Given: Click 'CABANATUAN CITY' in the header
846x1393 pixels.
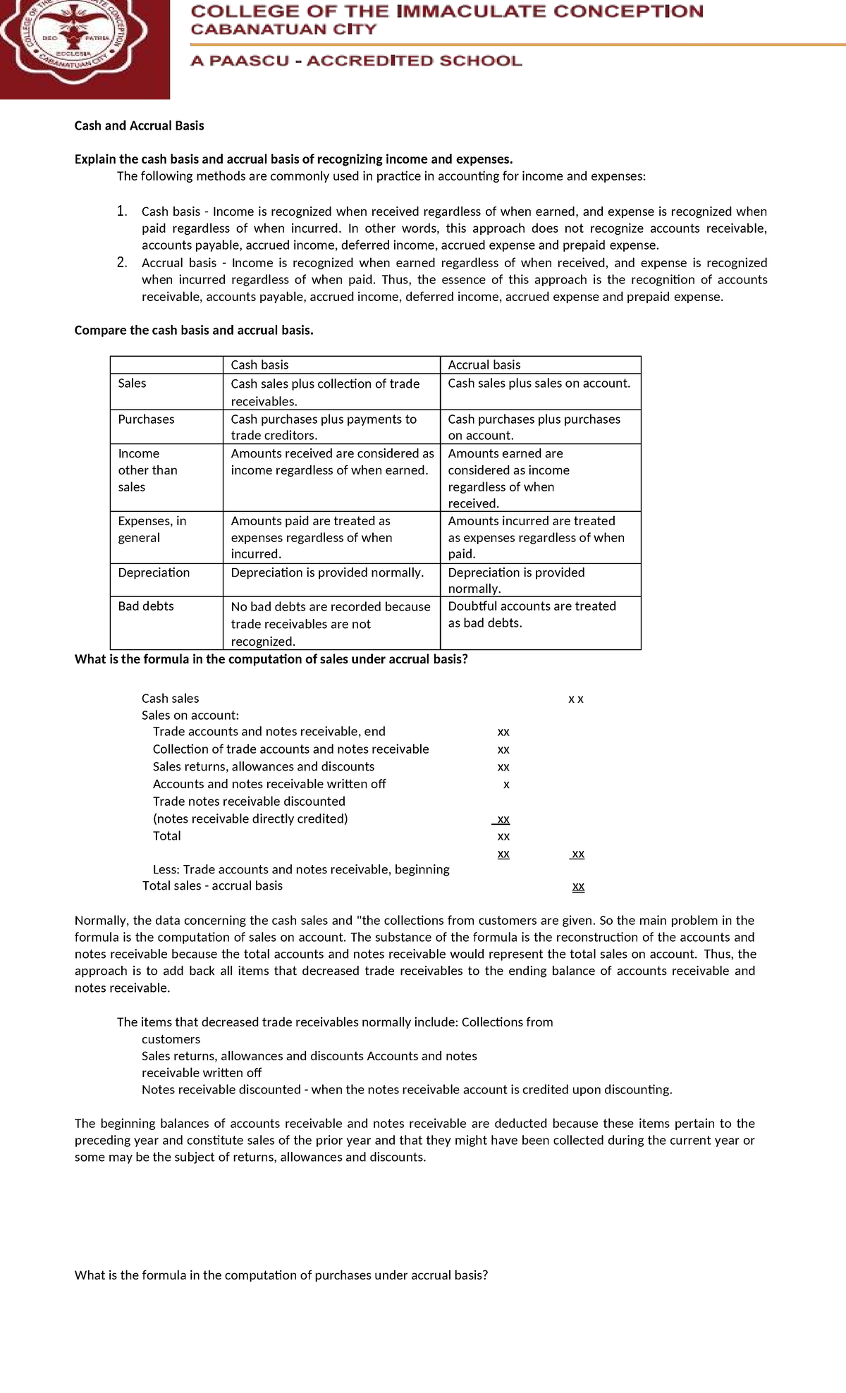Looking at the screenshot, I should [x=283, y=30].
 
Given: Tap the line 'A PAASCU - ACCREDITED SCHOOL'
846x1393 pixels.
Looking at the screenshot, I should [x=356, y=61].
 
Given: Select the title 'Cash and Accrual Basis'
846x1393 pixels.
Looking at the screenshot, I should [x=139, y=125].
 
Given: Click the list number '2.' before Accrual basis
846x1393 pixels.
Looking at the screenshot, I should [x=122, y=263].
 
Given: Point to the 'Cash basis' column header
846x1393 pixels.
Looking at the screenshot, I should [x=259, y=364].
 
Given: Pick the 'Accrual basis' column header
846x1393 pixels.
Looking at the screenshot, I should [x=484, y=364].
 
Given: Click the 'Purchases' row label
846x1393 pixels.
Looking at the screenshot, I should [x=146, y=419].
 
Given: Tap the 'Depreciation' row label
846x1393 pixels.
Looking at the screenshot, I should [x=154, y=572].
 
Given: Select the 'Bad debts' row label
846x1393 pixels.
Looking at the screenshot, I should [x=145, y=606].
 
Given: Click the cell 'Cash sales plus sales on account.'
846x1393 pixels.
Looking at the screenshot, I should [x=539, y=383].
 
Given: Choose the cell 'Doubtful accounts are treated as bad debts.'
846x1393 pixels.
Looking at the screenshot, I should [x=532, y=615].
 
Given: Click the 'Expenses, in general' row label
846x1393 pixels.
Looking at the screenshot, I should [x=152, y=529].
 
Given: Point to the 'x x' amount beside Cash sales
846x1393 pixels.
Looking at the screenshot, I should [x=575, y=699].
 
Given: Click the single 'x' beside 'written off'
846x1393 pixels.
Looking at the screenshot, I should [x=506, y=785].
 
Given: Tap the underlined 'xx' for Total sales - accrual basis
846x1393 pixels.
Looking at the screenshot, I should [x=578, y=887].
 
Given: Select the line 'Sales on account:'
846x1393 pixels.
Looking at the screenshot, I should [x=190, y=716].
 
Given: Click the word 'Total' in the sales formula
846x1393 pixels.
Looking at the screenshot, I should [x=166, y=836].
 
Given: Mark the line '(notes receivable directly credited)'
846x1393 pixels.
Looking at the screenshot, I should [x=250, y=819].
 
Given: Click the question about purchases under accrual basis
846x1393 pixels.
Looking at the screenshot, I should [x=281, y=1275].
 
